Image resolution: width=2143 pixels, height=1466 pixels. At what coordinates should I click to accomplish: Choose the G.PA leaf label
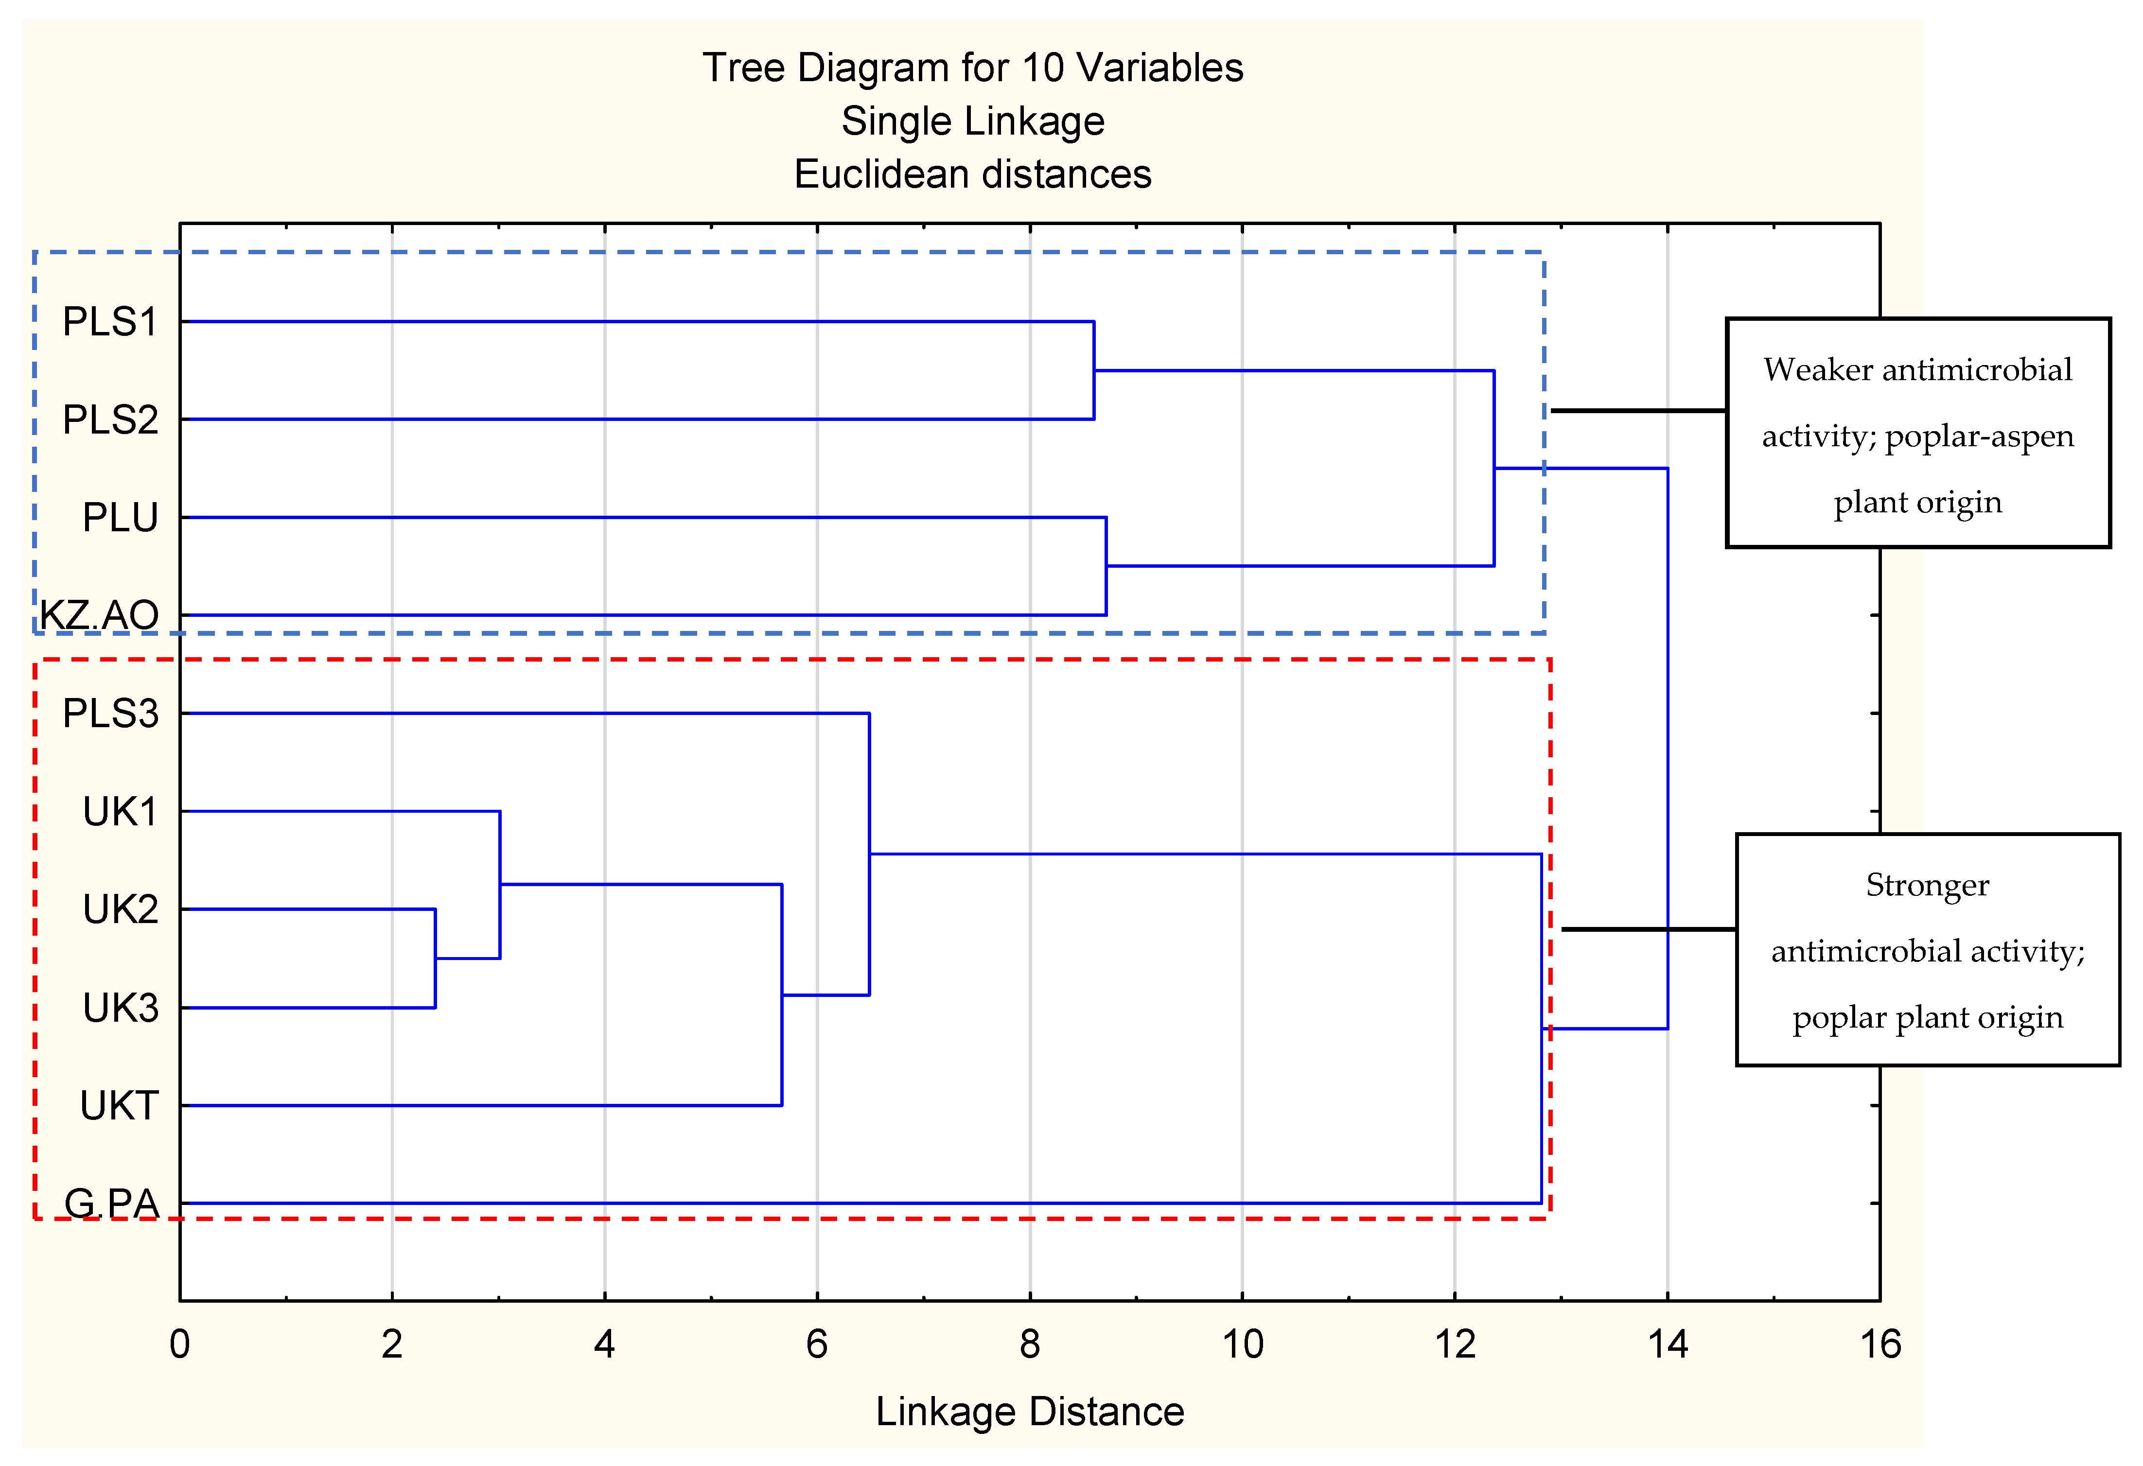[x=112, y=1203]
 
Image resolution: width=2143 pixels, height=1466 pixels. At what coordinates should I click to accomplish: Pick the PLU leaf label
[x=120, y=517]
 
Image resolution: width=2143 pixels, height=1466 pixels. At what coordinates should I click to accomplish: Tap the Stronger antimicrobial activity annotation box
[x=1927, y=950]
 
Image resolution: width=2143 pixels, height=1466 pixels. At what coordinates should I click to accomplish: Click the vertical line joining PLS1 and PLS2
[x=1094, y=371]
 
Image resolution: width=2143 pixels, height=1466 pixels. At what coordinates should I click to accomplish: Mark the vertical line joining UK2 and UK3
[x=435, y=959]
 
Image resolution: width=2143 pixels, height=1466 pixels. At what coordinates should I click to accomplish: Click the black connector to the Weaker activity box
[x=1638, y=410]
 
